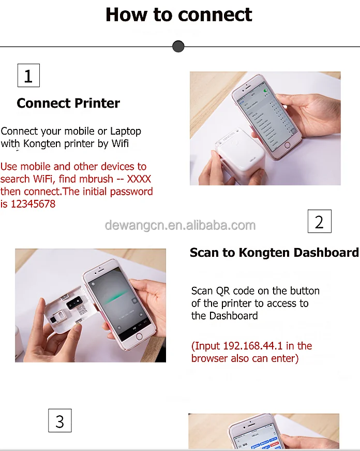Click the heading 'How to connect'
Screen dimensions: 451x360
(x=179, y=14)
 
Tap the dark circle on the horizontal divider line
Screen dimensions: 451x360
(x=178, y=47)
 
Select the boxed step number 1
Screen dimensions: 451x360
(x=28, y=76)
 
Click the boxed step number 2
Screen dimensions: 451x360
(x=319, y=222)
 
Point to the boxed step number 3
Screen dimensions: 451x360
(x=59, y=421)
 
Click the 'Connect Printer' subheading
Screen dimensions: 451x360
(x=68, y=103)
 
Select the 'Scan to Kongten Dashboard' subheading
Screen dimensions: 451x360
(x=274, y=253)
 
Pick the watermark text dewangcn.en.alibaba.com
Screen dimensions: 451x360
(x=180, y=225)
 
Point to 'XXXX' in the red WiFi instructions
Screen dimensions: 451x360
(x=139, y=179)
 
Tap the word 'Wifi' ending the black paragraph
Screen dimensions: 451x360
(x=120, y=143)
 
